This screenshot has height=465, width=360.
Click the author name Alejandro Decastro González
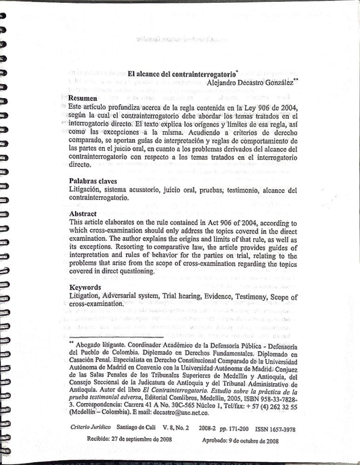(250, 82)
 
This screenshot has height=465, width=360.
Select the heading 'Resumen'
(83, 98)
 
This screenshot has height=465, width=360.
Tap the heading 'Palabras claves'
(93, 181)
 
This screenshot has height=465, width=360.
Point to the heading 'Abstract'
(83, 213)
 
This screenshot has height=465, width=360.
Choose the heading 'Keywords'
(85, 287)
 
